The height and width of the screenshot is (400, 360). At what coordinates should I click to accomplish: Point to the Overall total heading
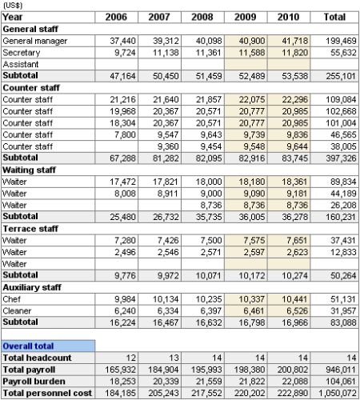pyautogui.click(x=29, y=346)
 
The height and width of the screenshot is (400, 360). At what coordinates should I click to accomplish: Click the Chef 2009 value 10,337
pyautogui.click(x=250, y=298)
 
